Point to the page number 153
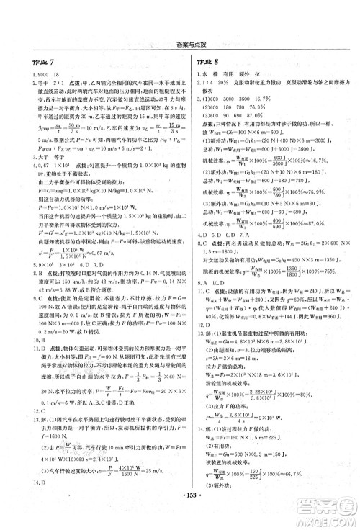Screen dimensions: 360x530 point(180,516)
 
